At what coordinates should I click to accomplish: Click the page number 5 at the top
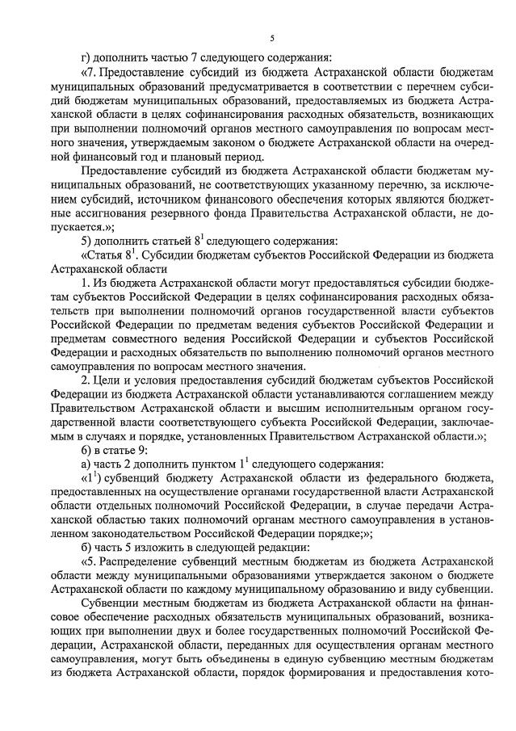(x=272, y=38)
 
